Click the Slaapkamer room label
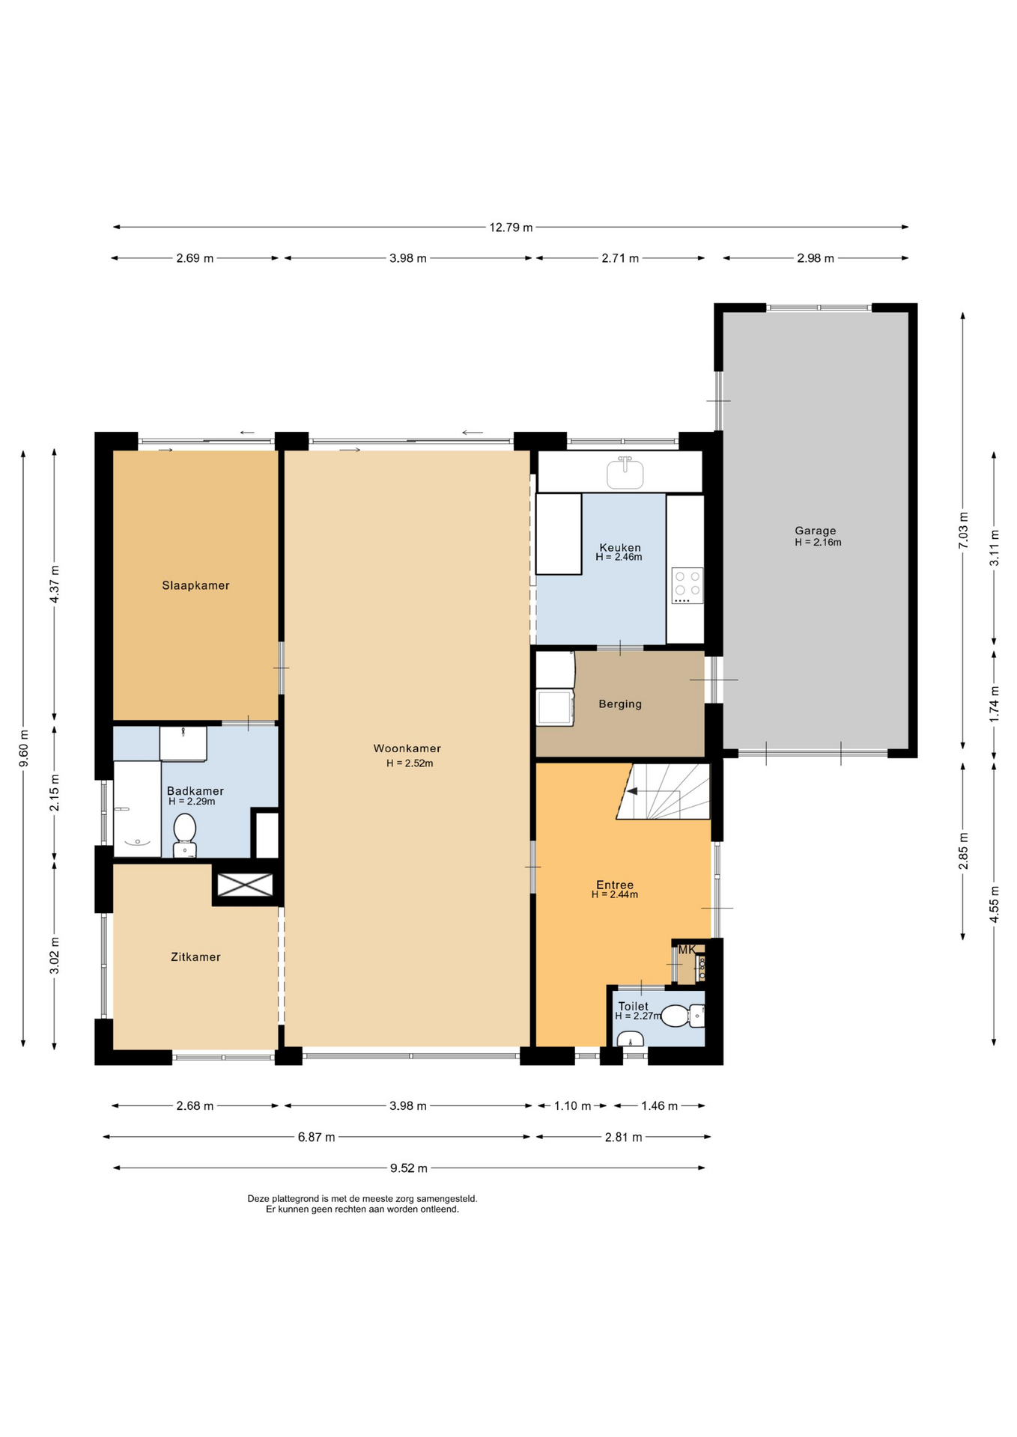click(195, 585)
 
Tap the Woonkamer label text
click(407, 748)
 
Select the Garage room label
click(816, 531)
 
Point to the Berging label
click(620, 704)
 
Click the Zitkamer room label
click(195, 957)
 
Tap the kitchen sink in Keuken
click(625, 472)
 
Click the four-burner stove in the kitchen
click(687, 585)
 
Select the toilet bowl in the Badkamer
click(184, 835)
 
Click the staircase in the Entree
click(664, 791)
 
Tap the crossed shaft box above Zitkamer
click(245, 885)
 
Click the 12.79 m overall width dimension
click(511, 227)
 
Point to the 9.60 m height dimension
click(23, 748)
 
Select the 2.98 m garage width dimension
click(816, 258)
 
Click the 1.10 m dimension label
click(572, 1105)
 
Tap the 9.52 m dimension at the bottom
click(409, 1168)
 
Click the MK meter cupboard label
click(687, 949)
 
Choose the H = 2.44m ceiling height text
click(615, 894)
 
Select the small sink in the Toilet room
click(631, 1038)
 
